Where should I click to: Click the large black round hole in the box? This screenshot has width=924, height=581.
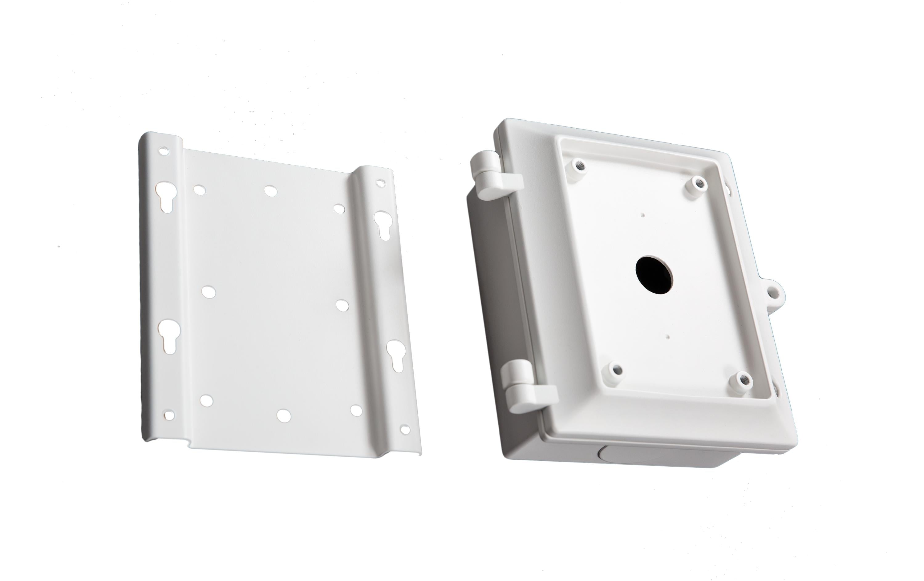coord(654,276)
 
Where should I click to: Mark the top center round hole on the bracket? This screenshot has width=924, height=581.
coord(270,190)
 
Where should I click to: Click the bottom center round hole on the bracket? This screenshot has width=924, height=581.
coord(284,415)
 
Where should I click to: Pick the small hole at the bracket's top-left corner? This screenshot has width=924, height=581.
coord(164,151)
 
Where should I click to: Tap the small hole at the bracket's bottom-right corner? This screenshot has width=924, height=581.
coord(404,429)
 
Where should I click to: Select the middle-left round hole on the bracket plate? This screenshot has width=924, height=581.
coord(208,292)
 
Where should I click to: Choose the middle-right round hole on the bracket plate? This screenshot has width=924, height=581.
coord(342,305)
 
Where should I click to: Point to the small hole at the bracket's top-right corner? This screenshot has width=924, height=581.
coord(380,183)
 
